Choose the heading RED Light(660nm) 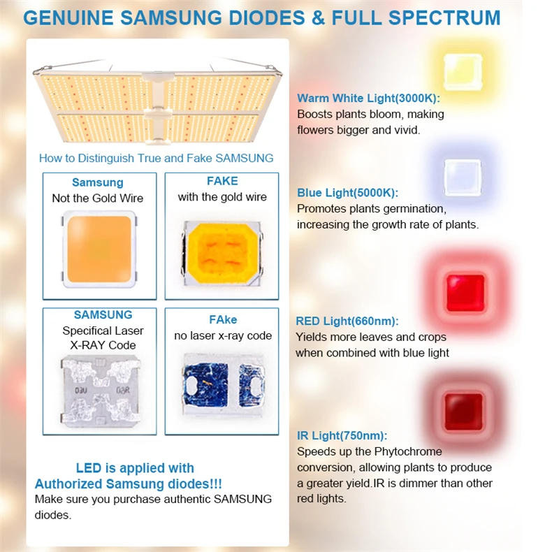pyautogui.click(x=347, y=321)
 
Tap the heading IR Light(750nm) pyautogui.click(x=342, y=436)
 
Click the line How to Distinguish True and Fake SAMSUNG pyautogui.click(x=156, y=158)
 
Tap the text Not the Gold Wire pyautogui.click(x=97, y=198)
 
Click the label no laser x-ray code pyautogui.click(x=223, y=336)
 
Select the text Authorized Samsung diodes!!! pyautogui.click(x=129, y=484)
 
